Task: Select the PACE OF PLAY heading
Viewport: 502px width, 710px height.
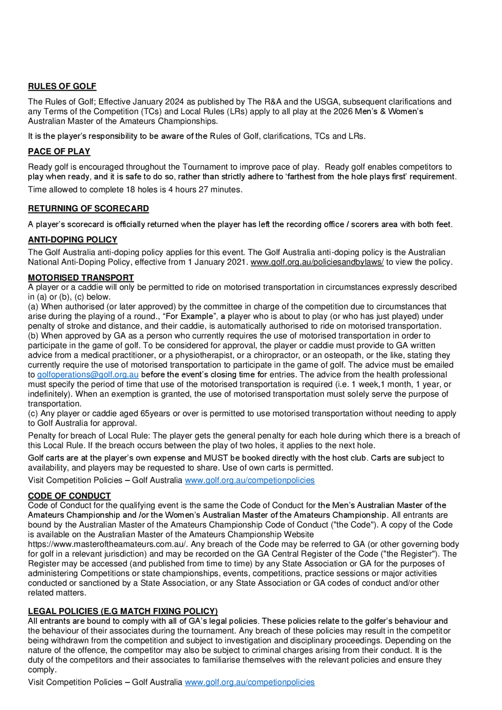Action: pyautogui.click(x=59, y=152)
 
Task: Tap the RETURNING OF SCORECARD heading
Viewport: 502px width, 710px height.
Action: pyautogui.click(x=88, y=208)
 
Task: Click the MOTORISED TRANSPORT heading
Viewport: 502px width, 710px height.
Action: pyautogui.click(x=81, y=278)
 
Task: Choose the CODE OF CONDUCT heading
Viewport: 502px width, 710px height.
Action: pyautogui.click(x=69, y=496)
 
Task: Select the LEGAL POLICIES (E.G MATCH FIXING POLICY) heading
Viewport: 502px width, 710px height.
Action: pyautogui.click(x=123, y=611)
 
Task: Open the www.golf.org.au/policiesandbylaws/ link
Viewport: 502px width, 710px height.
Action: pyautogui.click(x=317, y=262)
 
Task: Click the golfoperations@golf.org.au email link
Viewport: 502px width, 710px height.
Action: pyautogui.click(x=88, y=375)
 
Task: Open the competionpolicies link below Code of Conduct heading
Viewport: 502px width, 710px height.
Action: pyautogui.click(x=249, y=480)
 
